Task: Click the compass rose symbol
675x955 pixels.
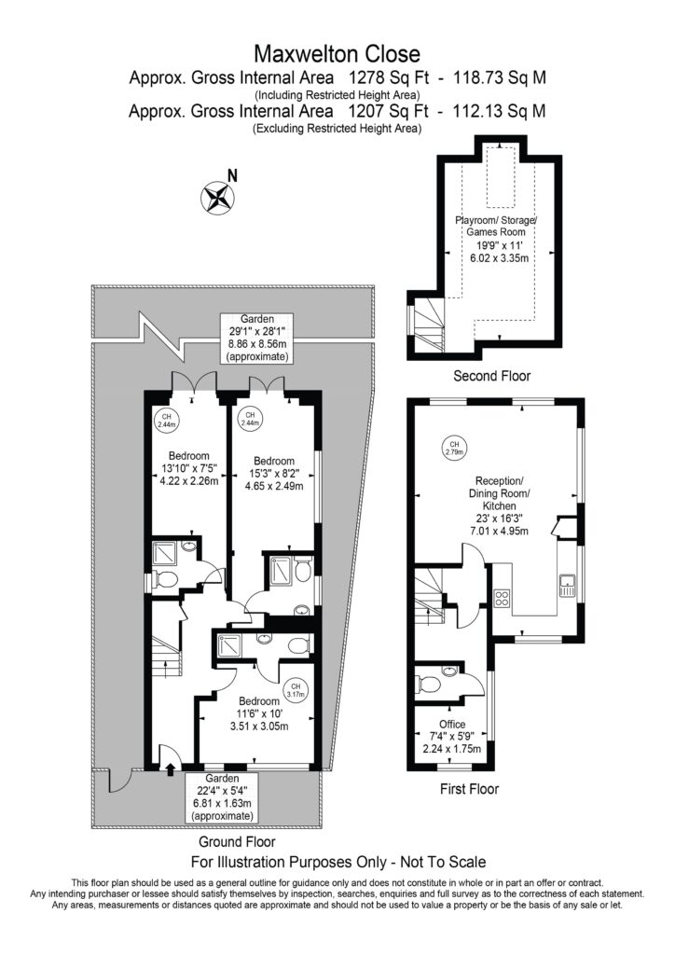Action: click(x=217, y=198)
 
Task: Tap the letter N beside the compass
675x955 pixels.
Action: click(x=232, y=176)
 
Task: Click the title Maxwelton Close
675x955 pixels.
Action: click(x=337, y=54)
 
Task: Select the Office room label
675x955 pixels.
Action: click(x=452, y=724)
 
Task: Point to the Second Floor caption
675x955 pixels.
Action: click(x=491, y=376)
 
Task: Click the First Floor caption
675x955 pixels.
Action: click(x=469, y=789)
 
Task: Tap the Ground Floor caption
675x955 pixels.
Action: click(x=237, y=842)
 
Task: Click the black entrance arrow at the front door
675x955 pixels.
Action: click(x=170, y=768)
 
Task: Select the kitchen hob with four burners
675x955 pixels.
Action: click(x=502, y=598)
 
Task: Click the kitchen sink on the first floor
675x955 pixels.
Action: click(x=567, y=586)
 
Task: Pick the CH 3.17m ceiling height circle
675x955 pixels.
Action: click(x=296, y=690)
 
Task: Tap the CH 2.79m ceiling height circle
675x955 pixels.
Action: click(x=454, y=448)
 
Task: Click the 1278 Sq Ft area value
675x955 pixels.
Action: click(x=390, y=78)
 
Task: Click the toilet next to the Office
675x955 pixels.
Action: click(x=429, y=685)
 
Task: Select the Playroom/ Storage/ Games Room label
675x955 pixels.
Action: click(x=496, y=226)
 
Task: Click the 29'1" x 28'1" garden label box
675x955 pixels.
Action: click(x=256, y=338)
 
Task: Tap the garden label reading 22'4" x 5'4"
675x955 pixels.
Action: click(x=222, y=797)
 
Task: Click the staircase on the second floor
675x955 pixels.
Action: click(x=429, y=324)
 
